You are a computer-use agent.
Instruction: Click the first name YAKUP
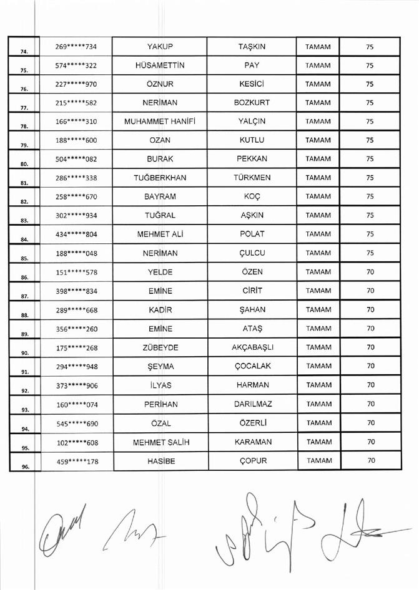159,46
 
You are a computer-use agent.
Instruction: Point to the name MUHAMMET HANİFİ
159,122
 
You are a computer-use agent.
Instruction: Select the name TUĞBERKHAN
159,178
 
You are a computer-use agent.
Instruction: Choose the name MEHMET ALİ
159,235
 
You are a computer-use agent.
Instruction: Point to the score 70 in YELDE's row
370,272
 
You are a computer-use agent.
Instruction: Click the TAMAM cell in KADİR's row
318,310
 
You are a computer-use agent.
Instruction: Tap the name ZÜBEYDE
159,347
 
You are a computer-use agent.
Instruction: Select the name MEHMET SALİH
159,442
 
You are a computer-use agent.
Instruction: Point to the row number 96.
24,466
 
